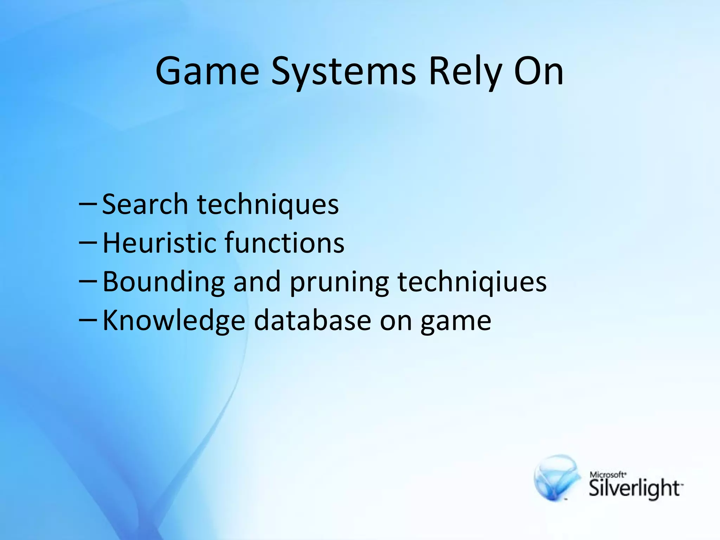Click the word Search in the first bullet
145,204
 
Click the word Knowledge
173,320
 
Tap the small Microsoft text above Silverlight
607,475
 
